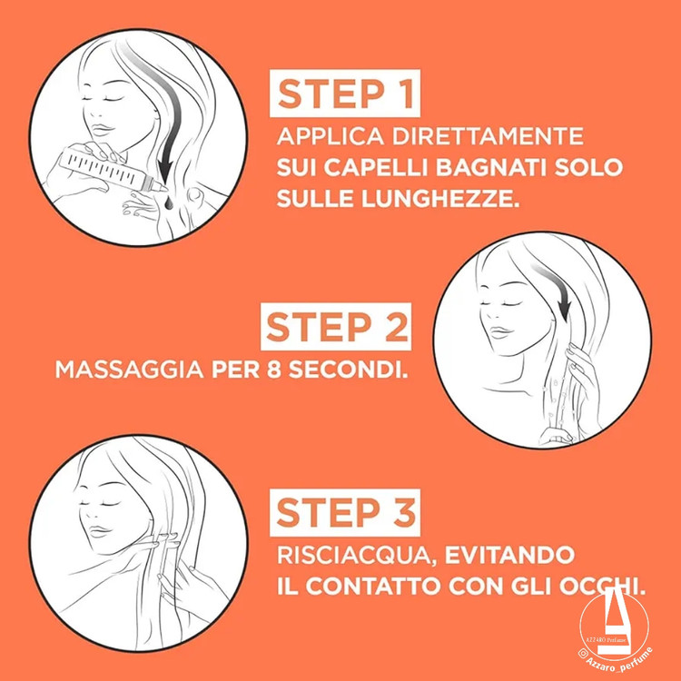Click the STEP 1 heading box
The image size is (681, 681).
pos(345,94)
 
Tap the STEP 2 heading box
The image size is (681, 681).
pos(336,327)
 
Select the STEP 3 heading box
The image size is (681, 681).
pos(345,512)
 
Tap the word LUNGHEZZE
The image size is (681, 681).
pos(440,199)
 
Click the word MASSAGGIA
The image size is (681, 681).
pos(130,370)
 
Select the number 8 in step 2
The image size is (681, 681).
pos(274,370)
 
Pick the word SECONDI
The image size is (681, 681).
pos(349,370)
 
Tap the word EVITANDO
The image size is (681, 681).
pos(509,555)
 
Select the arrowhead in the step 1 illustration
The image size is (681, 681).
pos(165,171)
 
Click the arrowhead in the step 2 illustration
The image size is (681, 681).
pos(565,311)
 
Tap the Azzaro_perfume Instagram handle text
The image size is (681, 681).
pos(617,663)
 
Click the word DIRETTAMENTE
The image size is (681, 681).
pos(488,136)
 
